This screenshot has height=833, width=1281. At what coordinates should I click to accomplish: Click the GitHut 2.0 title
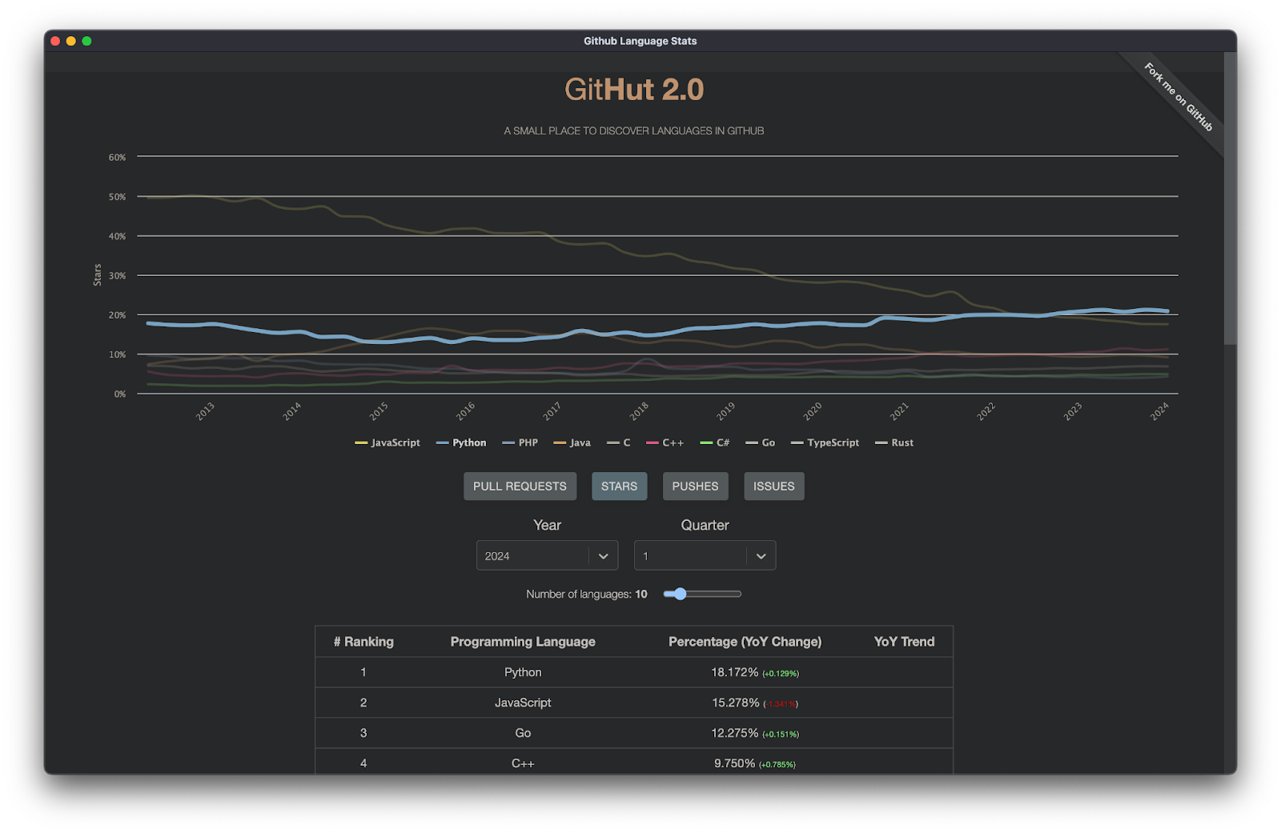pyautogui.click(x=634, y=90)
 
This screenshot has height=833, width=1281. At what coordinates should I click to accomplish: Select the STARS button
pyautogui.click(x=619, y=487)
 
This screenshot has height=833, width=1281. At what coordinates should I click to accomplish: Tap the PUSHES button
pyautogui.click(x=695, y=487)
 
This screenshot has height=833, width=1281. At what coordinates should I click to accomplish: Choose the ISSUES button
pyautogui.click(x=773, y=487)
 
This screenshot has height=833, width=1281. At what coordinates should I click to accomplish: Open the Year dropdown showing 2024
pyautogui.click(x=547, y=556)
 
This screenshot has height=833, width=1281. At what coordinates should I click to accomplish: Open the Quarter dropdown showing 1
pyautogui.click(x=705, y=556)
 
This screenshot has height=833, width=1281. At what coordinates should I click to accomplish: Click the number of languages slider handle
pyautogui.click(x=681, y=594)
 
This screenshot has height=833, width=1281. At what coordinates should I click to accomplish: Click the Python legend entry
pyautogui.click(x=462, y=443)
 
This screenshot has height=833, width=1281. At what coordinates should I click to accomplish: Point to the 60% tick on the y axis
pyautogui.click(x=118, y=158)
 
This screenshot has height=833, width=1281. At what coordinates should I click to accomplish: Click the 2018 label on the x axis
pyautogui.click(x=639, y=411)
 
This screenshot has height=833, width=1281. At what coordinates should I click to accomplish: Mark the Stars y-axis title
pyautogui.click(x=98, y=274)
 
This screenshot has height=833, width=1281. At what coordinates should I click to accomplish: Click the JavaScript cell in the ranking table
pyautogui.click(x=523, y=703)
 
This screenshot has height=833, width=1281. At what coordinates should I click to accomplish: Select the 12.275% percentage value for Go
pyautogui.click(x=735, y=733)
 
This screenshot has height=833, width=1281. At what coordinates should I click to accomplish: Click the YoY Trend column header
pyautogui.click(x=904, y=642)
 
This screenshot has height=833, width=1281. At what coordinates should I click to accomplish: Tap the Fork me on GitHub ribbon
pyautogui.click(x=1178, y=97)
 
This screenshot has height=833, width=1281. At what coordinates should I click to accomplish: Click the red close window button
pyautogui.click(x=55, y=41)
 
